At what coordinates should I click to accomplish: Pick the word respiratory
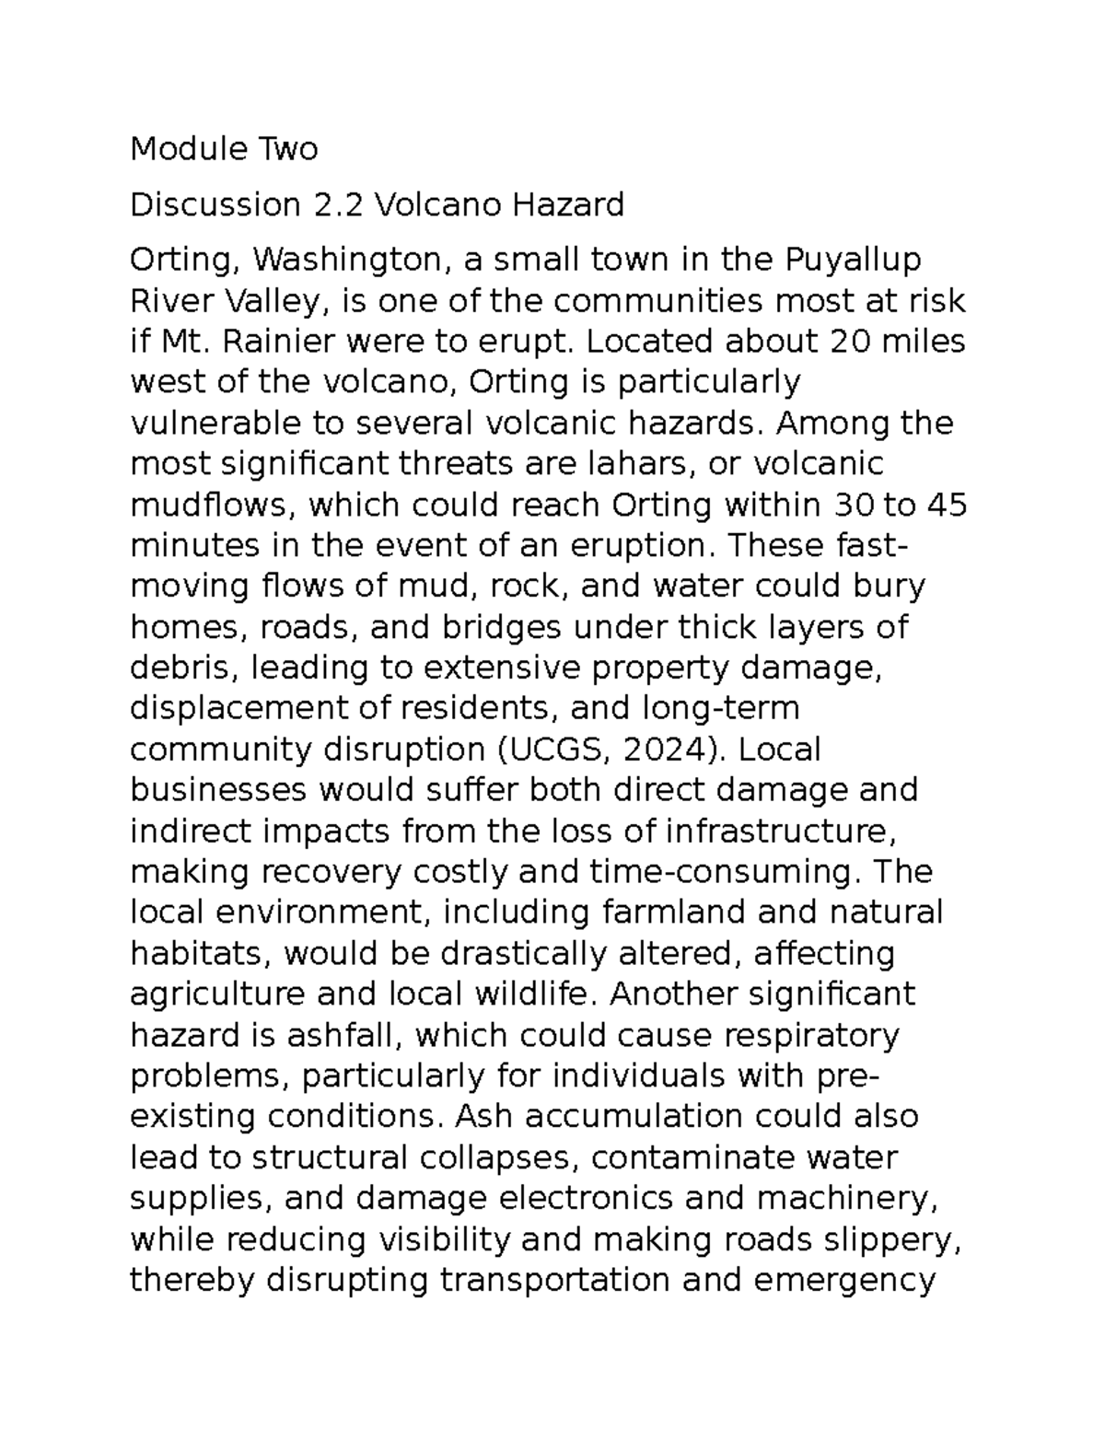point(811,1036)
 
